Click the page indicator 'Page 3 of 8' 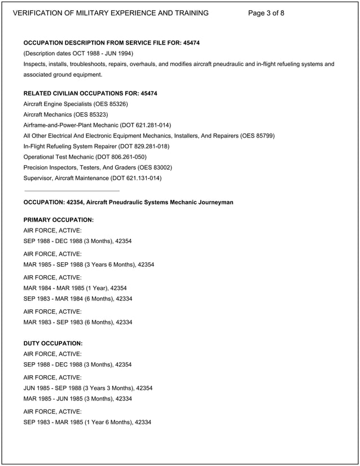(x=266, y=13)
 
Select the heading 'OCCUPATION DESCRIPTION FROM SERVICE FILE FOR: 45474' (x=111, y=43)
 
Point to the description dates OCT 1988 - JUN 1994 (x=98, y=54)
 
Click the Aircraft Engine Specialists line (x=76, y=104)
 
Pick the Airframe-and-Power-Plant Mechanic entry (x=97, y=125)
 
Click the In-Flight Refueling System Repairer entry (x=96, y=146)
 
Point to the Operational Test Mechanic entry (x=85, y=157)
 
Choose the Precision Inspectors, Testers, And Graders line (x=98, y=168)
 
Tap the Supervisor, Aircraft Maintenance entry (x=93, y=178)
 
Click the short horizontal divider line (x=72, y=191)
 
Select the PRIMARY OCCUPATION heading (x=59, y=219)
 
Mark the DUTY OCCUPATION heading (x=53, y=343)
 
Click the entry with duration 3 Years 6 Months (x=89, y=264)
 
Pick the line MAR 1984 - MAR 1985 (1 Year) (x=75, y=288)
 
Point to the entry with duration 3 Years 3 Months (x=88, y=388)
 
